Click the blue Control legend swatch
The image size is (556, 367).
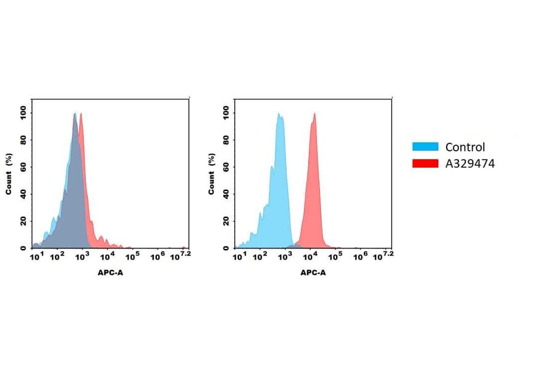point(425,147)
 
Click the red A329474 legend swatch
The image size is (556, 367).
point(425,164)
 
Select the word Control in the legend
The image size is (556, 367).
point(465,147)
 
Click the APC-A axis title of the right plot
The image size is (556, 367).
point(313,272)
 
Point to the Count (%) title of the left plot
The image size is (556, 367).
point(9,174)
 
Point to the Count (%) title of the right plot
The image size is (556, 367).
point(211,174)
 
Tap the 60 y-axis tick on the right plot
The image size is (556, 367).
point(226,167)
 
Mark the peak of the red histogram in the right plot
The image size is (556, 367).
point(314,114)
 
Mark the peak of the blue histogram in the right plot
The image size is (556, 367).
point(279,114)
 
